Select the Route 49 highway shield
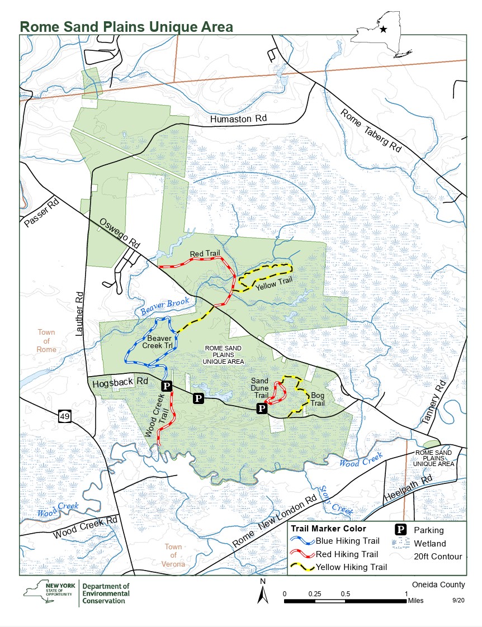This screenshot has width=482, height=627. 64,416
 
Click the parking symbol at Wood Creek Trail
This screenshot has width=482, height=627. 166,386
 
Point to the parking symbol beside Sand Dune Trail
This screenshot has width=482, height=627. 261,408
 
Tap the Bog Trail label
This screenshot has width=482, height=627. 318,399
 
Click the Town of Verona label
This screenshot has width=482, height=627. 173,555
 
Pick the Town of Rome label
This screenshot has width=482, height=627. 46,341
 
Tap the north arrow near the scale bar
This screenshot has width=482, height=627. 262,592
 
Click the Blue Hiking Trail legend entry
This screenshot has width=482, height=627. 347,540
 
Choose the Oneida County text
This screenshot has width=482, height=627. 437,585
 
